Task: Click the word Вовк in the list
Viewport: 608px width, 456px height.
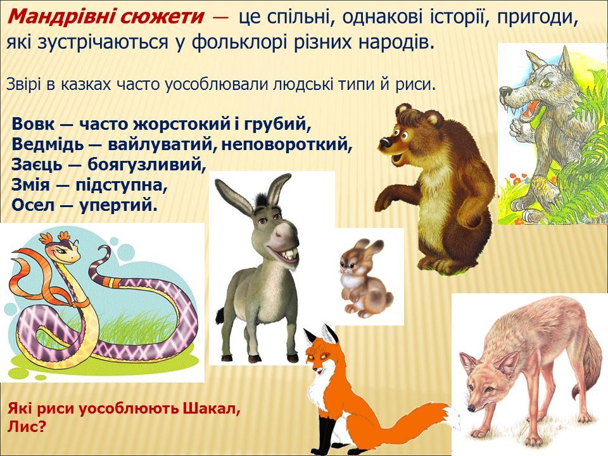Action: tap(34, 124)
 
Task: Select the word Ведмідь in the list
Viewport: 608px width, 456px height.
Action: tap(47, 144)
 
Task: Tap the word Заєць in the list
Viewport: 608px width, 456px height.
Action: tap(37, 165)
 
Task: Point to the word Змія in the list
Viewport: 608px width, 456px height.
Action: tap(30, 184)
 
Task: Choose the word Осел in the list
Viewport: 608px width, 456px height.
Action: tap(33, 205)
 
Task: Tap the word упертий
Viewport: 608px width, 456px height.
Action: tap(118, 205)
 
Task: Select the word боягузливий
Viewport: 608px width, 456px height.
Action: tap(147, 165)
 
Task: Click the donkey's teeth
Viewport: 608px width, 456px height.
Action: tap(290, 255)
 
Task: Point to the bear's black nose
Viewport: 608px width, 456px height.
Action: tap(384, 142)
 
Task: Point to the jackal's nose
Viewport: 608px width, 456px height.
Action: tap(471, 408)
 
